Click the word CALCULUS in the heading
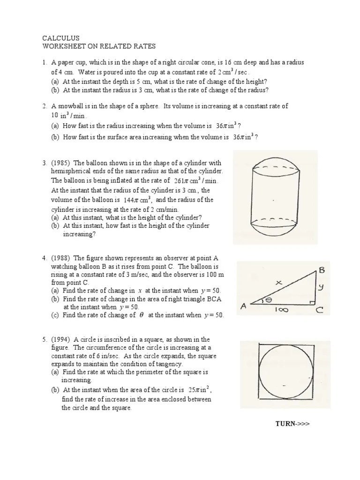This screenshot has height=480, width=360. tap(61, 38)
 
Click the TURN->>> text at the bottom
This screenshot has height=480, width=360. tap(292, 424)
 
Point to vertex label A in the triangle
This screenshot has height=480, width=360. tap(244, 307)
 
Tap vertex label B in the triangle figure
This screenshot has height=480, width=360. tap(322, 270)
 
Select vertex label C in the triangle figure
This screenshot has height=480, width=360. tap(318, 309)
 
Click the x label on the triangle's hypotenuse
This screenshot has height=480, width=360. tap(278, 283)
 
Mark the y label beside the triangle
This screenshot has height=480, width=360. tap(321, 288)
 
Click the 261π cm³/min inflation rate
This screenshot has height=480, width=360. tap(196, 180)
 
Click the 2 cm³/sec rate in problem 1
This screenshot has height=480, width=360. tap(234, 72)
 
